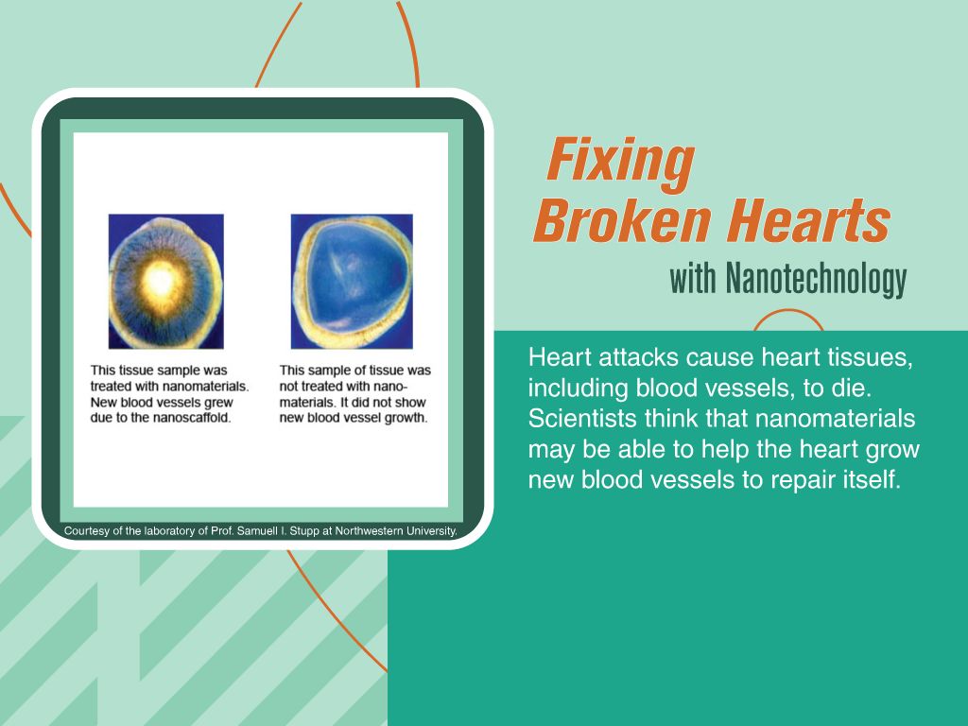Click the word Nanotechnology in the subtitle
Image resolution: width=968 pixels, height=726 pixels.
point(816,280)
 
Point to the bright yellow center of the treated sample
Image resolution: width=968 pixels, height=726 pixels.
point(161,281)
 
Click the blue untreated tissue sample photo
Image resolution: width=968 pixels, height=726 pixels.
point(352,281)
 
